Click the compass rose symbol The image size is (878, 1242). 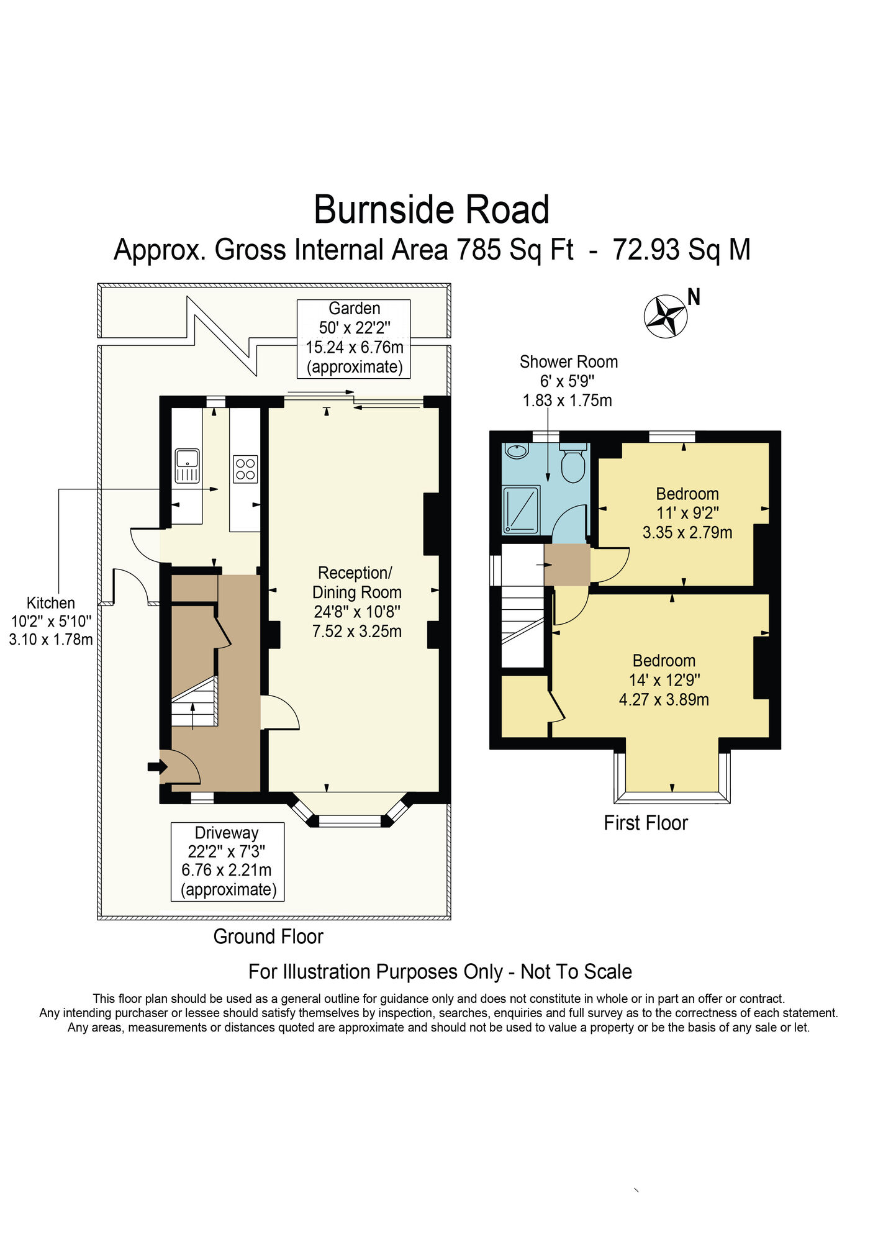666,316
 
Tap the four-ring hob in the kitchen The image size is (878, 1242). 245,469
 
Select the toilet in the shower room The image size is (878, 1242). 573,464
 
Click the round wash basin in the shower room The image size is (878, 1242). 515,451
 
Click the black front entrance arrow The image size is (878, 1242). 153,767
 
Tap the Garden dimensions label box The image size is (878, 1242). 354,338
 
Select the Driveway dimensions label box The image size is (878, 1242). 227,861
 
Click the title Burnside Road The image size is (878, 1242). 432,210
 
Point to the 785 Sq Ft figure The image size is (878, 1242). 515,250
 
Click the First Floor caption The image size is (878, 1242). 646,823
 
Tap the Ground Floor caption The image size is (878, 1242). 268,936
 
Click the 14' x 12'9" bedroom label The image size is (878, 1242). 664,680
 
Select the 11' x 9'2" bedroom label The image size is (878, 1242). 687,513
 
